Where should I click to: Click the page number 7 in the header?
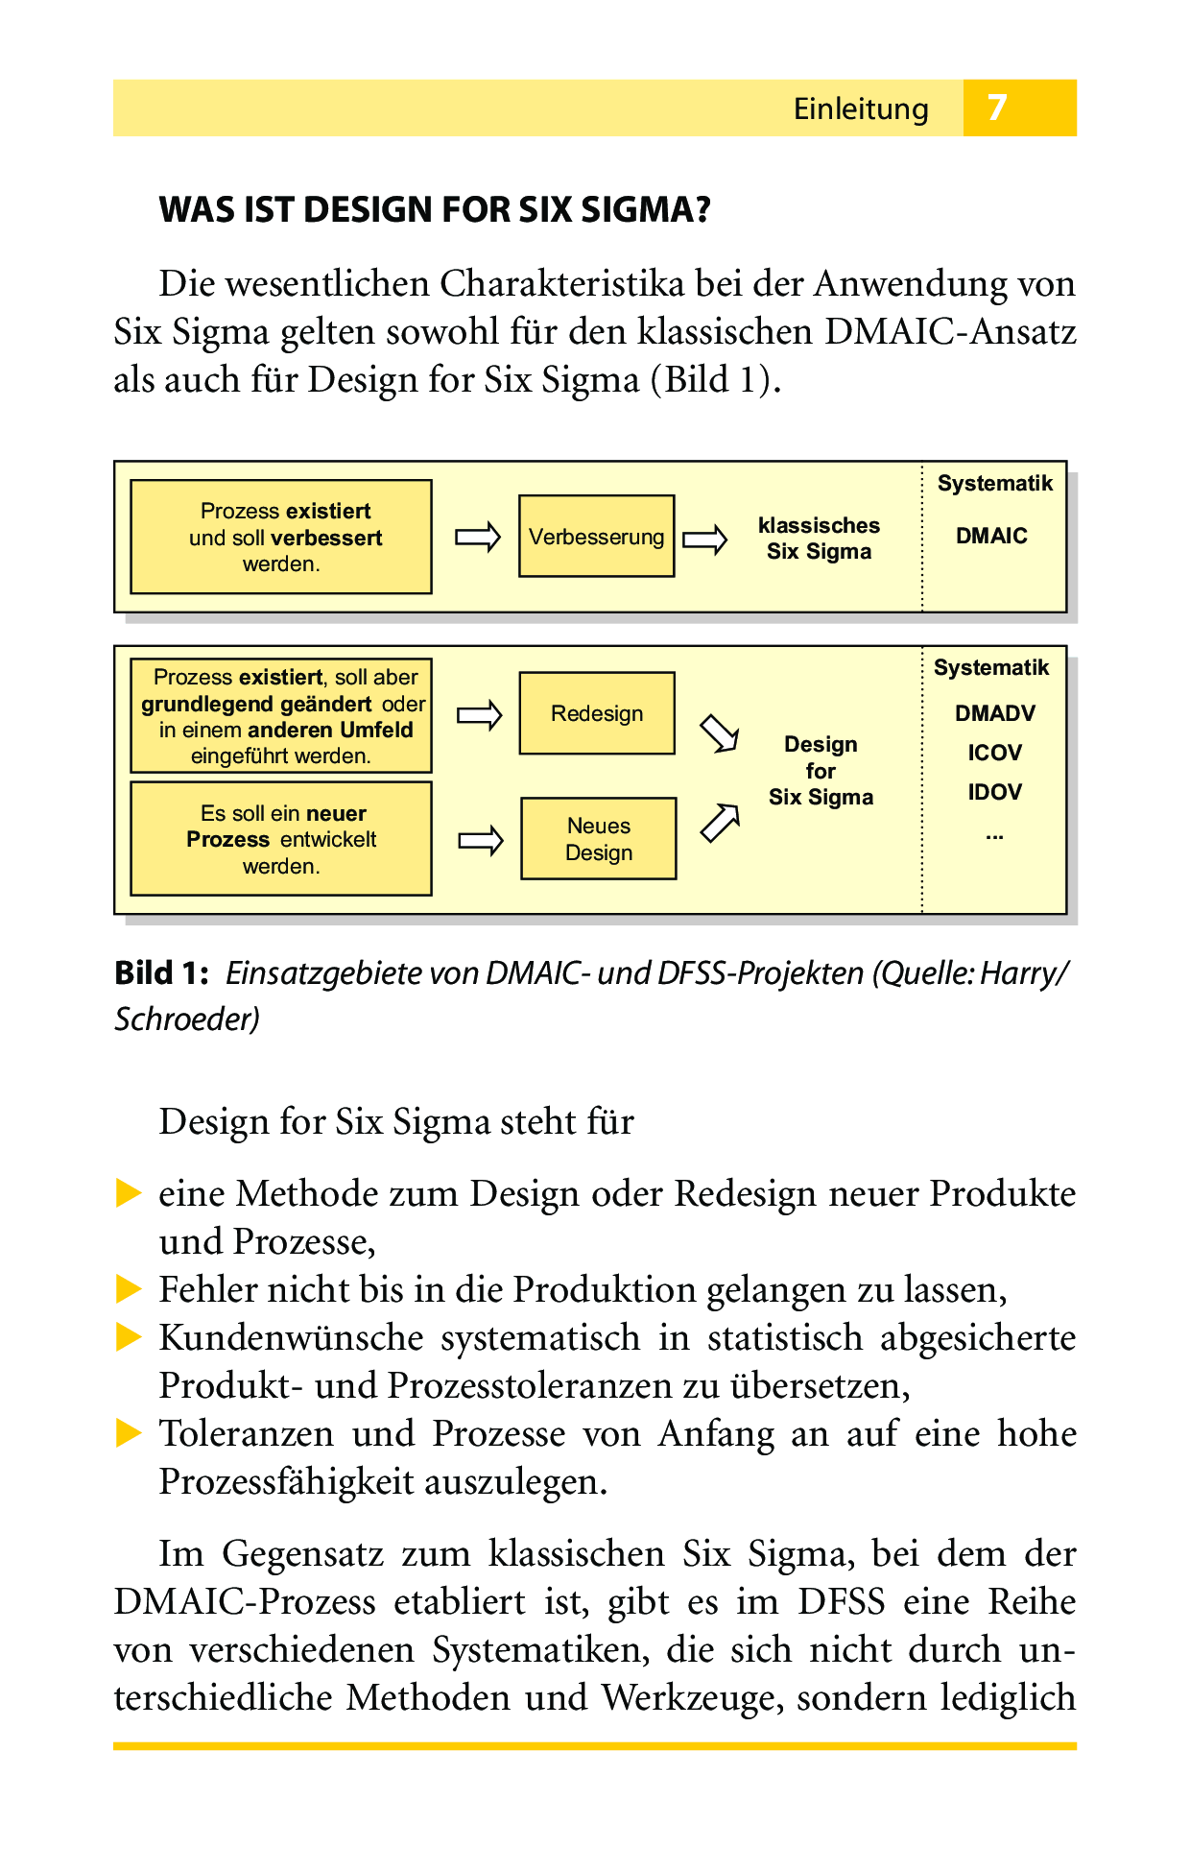[x=997, y=108]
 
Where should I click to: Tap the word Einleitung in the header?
[x=861, y=109]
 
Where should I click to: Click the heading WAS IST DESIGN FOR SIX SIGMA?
[x=435, y=209]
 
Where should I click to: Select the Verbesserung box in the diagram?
[x=596, y=537]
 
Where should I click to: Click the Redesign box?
[x=597, y=713]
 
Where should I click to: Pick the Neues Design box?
[x=599, y=839]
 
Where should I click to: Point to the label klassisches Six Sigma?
[x=819, y=539]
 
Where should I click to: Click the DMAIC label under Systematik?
[x=991, y=536]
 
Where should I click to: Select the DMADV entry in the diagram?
[x=995, y=713]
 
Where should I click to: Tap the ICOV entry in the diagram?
[x=994, y=753]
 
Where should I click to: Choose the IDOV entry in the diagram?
[x=994, y=792]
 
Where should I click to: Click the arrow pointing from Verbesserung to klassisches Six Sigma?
[x=705, y=540]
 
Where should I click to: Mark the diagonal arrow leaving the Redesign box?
[x=719, y=734]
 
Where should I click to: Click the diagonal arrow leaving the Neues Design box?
[x=720, y=823]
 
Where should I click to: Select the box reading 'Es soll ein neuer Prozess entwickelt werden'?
[x=281, y=839]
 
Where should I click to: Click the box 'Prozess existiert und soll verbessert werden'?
[x=281, y=537]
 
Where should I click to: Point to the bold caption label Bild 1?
[x=161, y=973]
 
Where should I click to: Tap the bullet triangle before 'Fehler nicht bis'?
[x=129, y=1289]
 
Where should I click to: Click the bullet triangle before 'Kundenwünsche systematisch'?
[x=129, y=1337]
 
